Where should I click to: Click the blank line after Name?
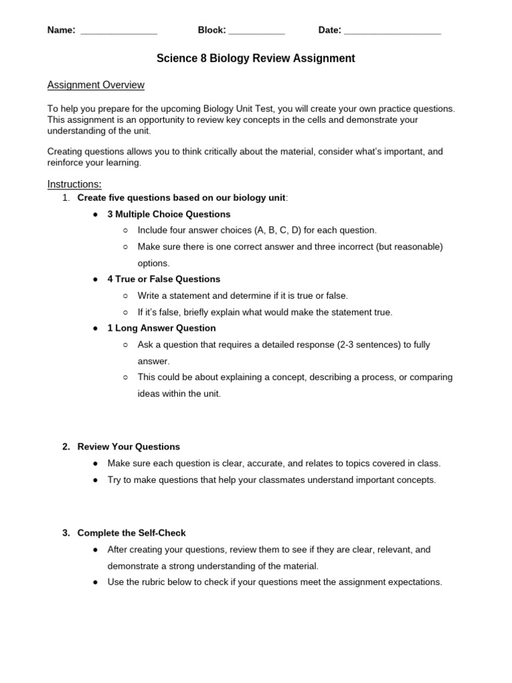click(119, 31)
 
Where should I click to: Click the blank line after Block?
click(257, 31)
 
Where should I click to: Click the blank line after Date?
click(393, 31)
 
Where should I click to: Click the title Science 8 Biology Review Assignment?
click(255, 59)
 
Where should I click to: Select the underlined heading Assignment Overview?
click(95, 85)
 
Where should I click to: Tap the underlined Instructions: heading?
click(74, 184)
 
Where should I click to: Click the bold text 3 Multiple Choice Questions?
click(169, 214)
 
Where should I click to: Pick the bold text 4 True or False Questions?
click(163, 279)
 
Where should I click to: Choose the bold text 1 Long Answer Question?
click(161, 328)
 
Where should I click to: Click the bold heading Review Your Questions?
click(129, 447)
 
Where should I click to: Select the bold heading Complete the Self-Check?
click(131, 533)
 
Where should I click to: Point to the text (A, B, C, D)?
click(278, 230)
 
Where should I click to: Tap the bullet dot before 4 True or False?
click(96, 279)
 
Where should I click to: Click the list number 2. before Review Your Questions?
click(66, 447)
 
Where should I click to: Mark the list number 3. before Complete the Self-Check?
click(66, 533)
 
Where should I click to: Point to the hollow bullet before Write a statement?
click(125, 295)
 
